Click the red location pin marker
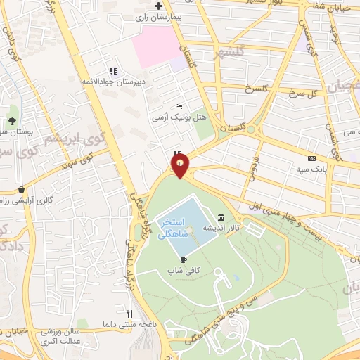tap(181, 166)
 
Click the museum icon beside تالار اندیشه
tap(221, 217)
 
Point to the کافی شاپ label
tap(180, 270)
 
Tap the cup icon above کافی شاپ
tap(184, 259)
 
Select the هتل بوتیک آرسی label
tap(172, 117)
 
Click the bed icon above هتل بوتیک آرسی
tap(179, 105)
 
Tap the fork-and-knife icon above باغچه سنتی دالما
tap(129, 314)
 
